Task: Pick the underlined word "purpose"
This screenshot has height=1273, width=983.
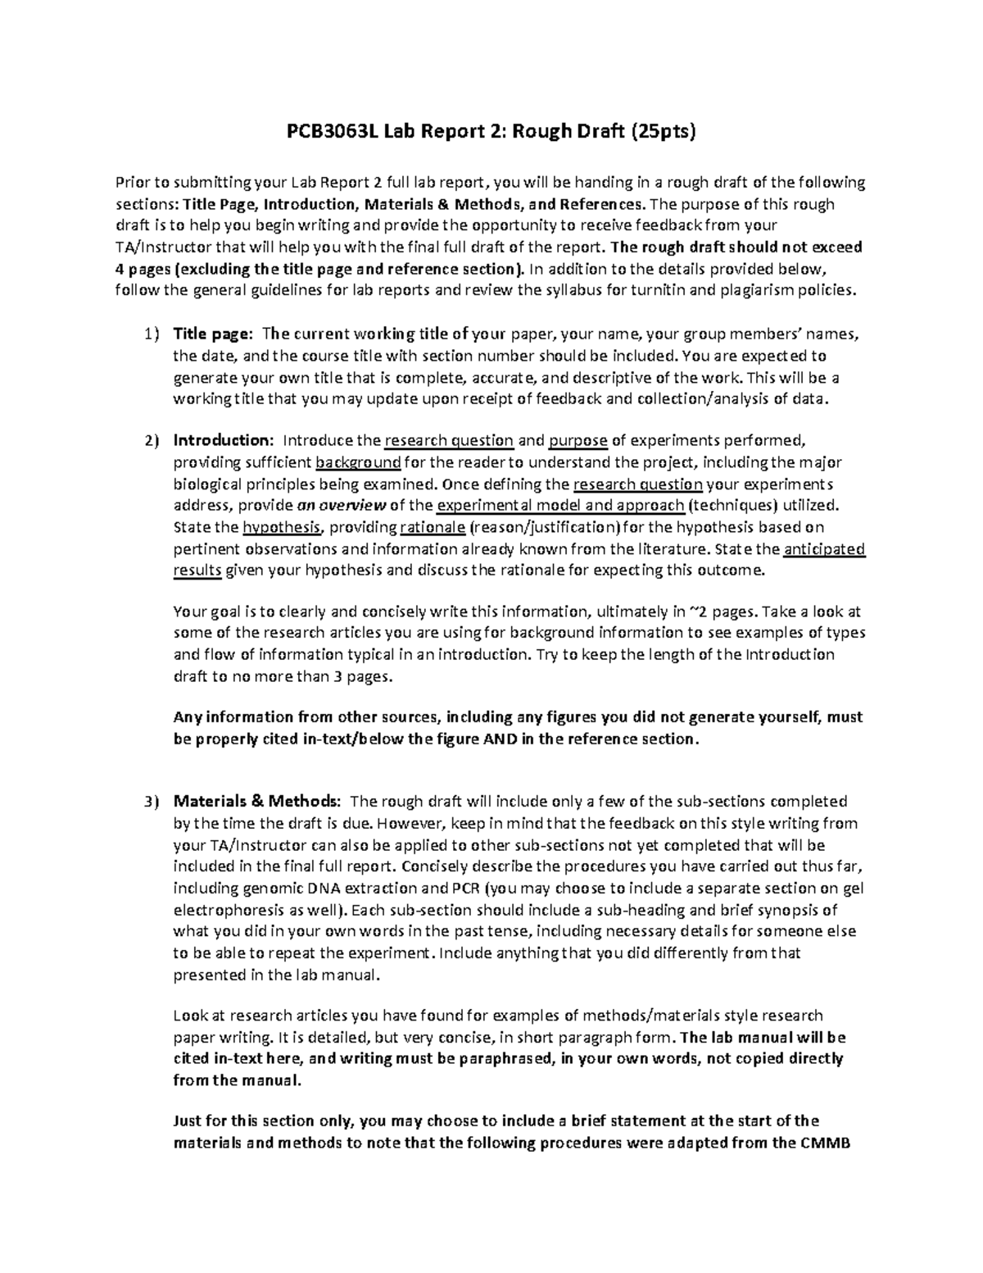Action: tap(578, 441)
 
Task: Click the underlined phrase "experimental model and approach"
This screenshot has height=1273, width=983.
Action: tap(561, 505)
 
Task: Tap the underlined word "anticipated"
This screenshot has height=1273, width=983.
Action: tap(824, 548)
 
